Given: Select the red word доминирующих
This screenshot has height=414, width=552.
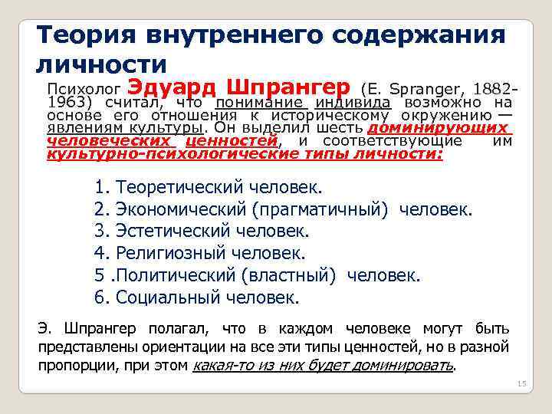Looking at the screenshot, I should tap(439, 128).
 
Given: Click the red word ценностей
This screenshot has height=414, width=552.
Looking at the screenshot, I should tap(231, 141).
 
